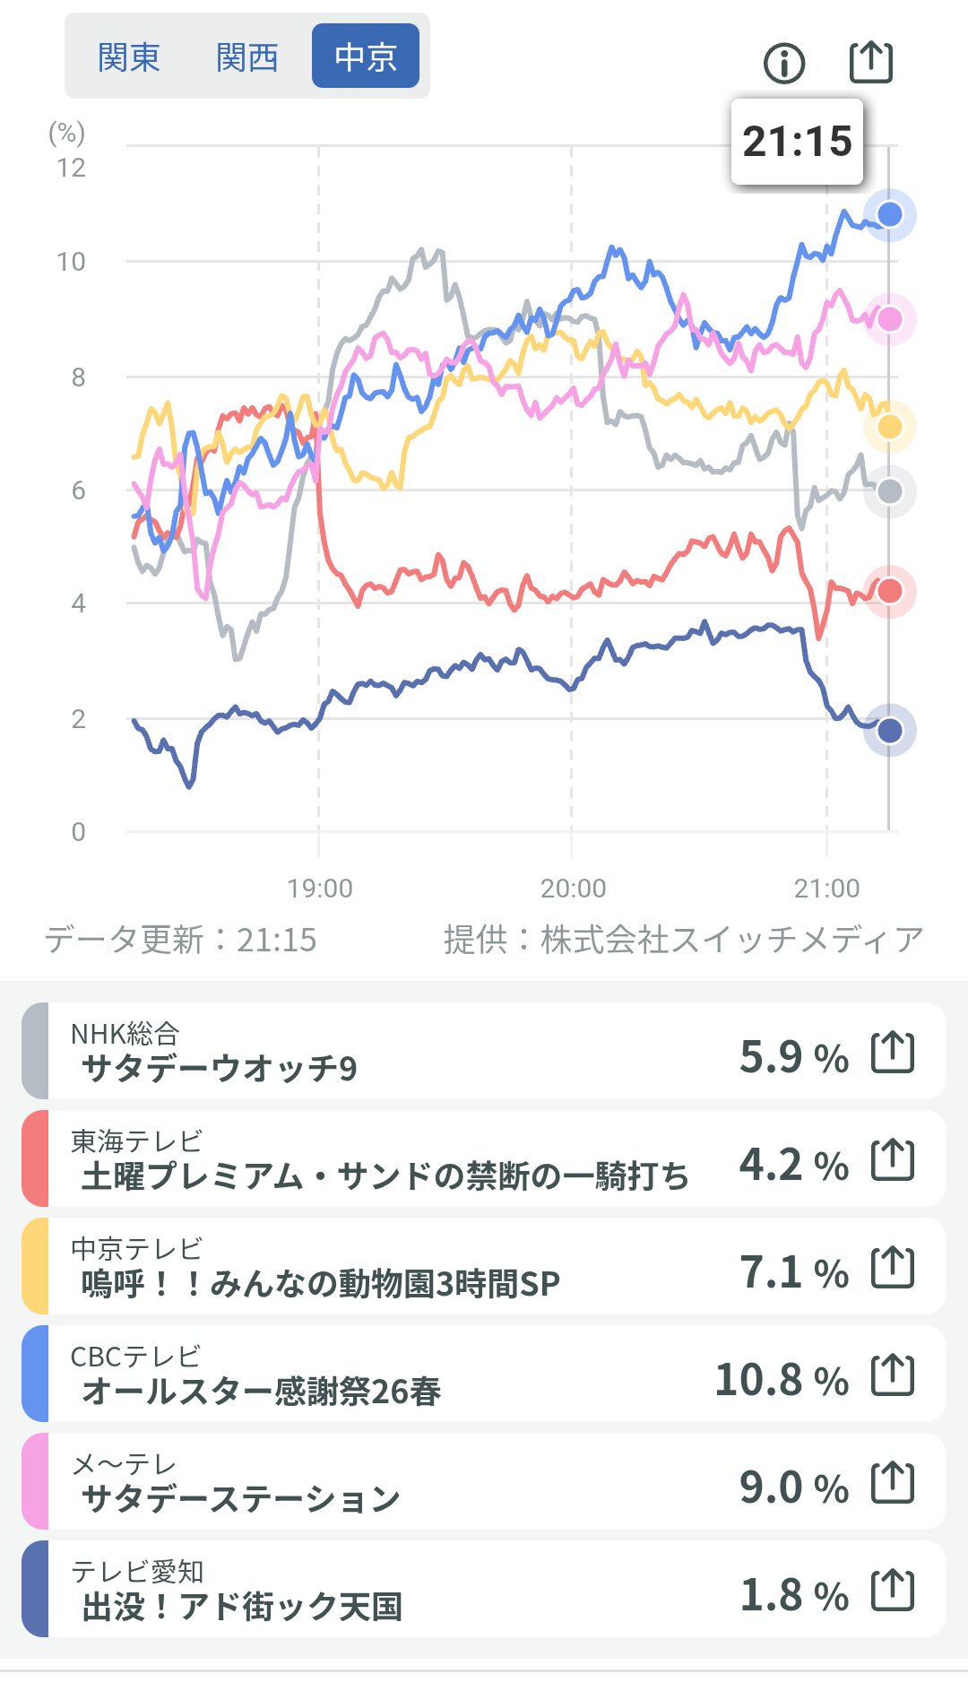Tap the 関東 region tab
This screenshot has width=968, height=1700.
pos(129,57)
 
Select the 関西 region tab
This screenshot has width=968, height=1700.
pos(247,57)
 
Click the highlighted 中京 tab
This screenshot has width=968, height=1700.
pos(366,56)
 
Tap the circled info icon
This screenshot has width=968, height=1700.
pos(784,63)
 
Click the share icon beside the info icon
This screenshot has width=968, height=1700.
pos(871,62)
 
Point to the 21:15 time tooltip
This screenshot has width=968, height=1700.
pos(797,142)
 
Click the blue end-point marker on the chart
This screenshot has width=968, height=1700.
pos(889,214)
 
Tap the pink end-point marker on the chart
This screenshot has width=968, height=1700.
pos(889,319)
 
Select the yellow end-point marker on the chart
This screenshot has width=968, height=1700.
pos(889,427)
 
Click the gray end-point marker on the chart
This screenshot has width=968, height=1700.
pos(889,491)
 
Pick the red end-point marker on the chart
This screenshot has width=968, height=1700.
pos(889,591)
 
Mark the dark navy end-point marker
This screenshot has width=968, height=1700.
pos(889,731)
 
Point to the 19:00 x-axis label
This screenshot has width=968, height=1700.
pos(320,889)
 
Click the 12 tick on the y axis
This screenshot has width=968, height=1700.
pos(72,168)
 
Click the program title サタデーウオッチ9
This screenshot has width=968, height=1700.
pos(220,1068)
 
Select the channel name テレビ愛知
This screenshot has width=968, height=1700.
pos(137,1572)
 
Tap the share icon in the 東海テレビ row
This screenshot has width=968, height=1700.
pos(893,1159)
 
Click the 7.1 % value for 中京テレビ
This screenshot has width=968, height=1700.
pos(793,1272)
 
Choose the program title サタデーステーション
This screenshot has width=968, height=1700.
pos(240,1498)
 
